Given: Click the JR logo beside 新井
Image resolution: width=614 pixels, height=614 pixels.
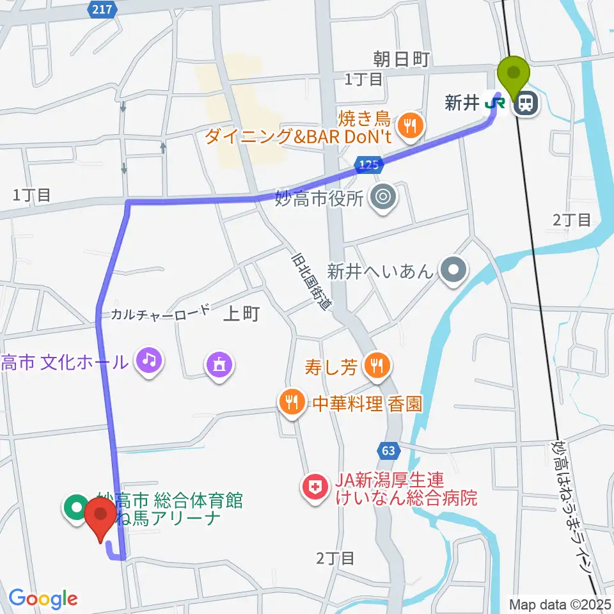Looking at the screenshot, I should tap(493, 102).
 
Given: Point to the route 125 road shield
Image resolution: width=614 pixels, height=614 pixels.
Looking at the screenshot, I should tap(370, 164).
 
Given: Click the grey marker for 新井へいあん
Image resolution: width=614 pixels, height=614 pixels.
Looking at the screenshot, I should tap(453, 271).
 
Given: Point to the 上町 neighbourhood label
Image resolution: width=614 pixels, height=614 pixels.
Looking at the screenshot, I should tap(242, 313).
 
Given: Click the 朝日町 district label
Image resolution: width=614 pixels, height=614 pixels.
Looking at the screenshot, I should tap(401, 59).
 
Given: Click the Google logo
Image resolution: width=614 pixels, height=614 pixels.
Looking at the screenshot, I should tap(43, 599).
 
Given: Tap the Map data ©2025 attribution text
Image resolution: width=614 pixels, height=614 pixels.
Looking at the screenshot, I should tap(561, 603).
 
